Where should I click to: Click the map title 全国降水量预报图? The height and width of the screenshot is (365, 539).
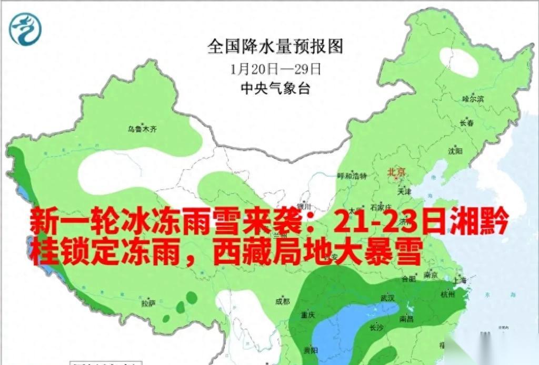(x=275, y=47)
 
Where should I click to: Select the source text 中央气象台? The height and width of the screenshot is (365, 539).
(x=275, y=88)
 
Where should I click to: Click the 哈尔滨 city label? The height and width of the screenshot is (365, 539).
(x=473, y=99)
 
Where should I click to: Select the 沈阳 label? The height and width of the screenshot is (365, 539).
(x=455, y=151)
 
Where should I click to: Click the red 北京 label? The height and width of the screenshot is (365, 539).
(x=397, y=172)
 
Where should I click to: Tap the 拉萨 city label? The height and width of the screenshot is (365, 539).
(x=148, y=304)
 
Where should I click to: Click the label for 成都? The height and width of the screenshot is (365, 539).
(x=283, y=301)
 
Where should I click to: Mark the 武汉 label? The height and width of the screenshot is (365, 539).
(x=387, y=298)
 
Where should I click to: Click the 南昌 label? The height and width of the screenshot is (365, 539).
(x=407, y=319)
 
